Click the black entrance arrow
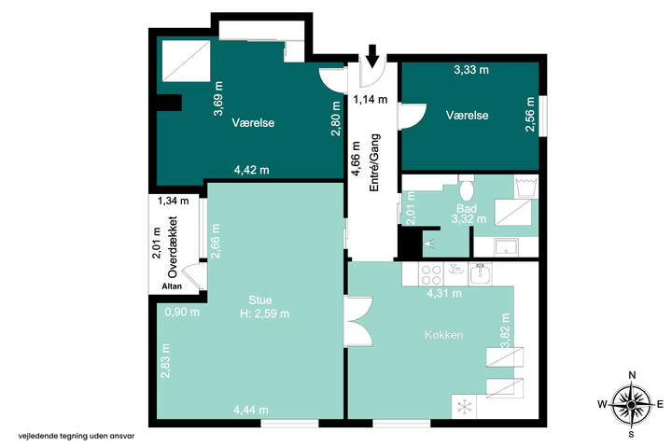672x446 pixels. pyautogui.click(x=372, y=56)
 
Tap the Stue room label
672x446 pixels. pyautogui.click(x=260, y=300)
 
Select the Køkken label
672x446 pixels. pyautogui.click(x=444, y=334)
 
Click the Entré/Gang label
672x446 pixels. pyautogui.click(x=374, y=162)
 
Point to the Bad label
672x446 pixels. pyautogui.click(x=467, y=209)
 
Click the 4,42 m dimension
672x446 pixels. pyautogui.click(x=252, y=170)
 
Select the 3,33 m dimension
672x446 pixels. pyautogui.click(x=471, y=69)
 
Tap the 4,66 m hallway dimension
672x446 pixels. pyautogui.click(x=357, y=159)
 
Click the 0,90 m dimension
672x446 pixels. pyautogui.click(x=182, y=312)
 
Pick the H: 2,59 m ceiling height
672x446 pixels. pyautogui.click(x=264, y=314)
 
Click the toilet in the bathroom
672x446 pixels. pyautogui.click(x=467, y=188)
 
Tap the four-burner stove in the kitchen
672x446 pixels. pyautogui.click(x=431, y=274)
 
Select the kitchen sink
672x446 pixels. pyautogui.click(x=481, y=274)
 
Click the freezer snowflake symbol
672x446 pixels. pyautogui.click(x=464, y=407)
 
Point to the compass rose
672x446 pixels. pyautogui.click(x=631, y=404)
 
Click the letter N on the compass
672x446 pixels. pyautogui.click(x=632, y=375)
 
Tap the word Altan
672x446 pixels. pyautogui.click(x=172, y=286)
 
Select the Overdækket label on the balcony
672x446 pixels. pyautogui.click(x=173, y=246)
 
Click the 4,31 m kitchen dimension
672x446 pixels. pyautogui.click(x=444, y=294)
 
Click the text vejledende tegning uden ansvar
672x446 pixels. pyautogui.click(x=77, y=436)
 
